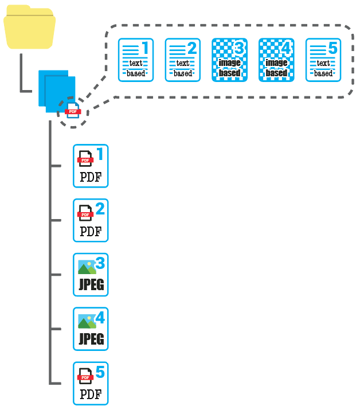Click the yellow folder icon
[30, 32]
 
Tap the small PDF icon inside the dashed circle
[73, 111]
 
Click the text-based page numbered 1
[136, 60]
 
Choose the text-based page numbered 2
[183, 60]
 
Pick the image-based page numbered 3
[230, 60]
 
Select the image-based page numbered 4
[277, 60]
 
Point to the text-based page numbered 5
[323, 60]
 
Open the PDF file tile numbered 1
[91, 166]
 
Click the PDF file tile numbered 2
[91, 220]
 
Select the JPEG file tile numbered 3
[91, 275]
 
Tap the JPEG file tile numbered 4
[91, 329]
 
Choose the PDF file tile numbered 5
[91, 384]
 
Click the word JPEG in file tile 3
[91, 285]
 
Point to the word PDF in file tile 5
[91, 395]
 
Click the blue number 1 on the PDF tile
[100, 154]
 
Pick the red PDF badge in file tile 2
[85, 214]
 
